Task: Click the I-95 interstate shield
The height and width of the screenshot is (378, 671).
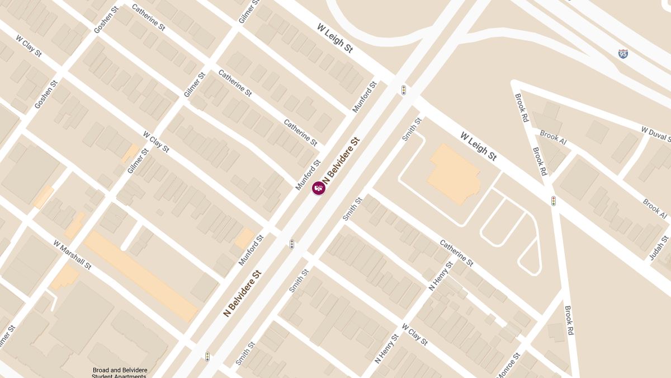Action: (623, 54)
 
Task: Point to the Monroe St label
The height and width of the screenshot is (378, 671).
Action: (509, 365)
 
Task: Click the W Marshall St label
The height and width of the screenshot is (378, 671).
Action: (72, 255)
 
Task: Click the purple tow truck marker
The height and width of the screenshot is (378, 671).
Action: (319, 188)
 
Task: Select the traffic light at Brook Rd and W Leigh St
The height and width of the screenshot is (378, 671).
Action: (554, 200)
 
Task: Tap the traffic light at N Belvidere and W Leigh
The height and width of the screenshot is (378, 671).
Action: (404, 90)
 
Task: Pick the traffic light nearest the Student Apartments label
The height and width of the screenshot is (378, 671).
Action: (207, 356)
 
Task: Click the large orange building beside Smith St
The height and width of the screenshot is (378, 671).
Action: (454, 175)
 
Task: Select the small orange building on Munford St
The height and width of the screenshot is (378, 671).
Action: (244, 239)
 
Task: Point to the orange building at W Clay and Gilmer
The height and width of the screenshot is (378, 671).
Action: (130, 152)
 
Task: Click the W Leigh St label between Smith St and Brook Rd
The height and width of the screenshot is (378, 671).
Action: (479, 146)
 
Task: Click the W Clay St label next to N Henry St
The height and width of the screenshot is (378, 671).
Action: (414, 334)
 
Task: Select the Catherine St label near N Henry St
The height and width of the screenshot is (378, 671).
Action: (456, 253)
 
